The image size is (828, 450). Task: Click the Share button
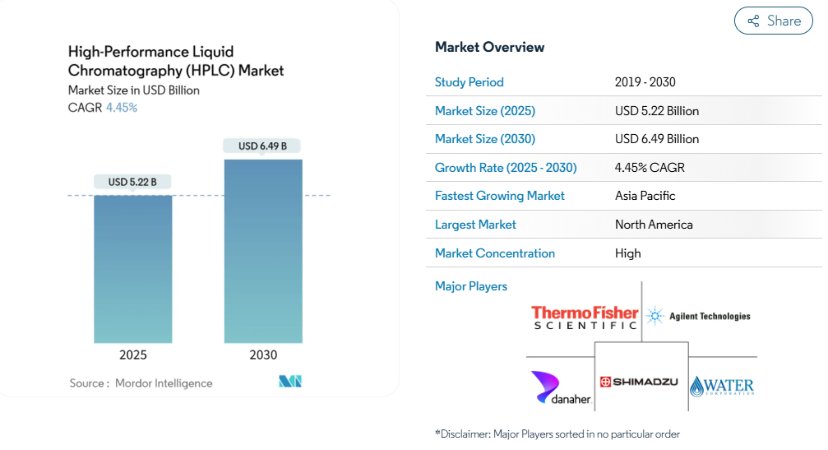point(773,21)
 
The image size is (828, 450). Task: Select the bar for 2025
point(133,269)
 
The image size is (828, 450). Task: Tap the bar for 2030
point(263,252)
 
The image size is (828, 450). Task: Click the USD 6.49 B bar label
point(262,146)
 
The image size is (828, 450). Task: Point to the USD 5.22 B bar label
point(132,182)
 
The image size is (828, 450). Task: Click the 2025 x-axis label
point(133,355)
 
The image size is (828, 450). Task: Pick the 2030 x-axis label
point(263,355)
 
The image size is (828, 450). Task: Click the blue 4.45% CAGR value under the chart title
point(122,108)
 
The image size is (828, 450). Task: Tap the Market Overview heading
point(489,48)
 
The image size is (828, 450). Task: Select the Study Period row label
point(469,82)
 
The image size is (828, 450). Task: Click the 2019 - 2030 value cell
point(645,82)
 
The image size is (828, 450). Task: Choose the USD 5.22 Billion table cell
point(657,111)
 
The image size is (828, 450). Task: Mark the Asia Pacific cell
point(645,196)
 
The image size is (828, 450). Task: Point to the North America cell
point(654,225)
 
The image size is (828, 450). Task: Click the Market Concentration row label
point(495,253)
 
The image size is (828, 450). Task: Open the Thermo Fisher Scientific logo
point(585,318)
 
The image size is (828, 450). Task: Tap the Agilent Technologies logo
point(699,316)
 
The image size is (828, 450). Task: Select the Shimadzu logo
point(639,382)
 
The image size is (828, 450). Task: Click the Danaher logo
point(561,388)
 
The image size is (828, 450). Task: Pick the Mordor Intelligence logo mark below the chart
point(290,382)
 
